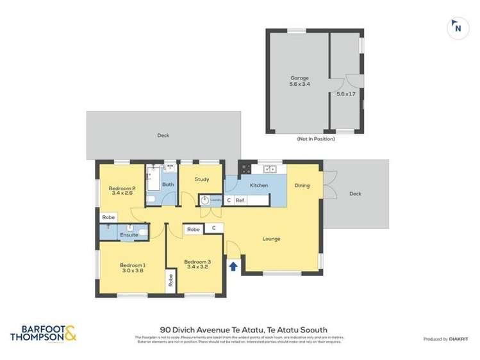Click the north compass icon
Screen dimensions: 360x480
(457, 27)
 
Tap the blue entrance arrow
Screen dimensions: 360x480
(233, 265)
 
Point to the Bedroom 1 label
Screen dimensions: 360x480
(133, 268)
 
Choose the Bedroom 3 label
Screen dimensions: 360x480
(197, 263)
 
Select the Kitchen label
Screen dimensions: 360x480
(259, 186)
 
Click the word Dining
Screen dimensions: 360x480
(302, 186)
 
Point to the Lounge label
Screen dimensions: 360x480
(271, 239)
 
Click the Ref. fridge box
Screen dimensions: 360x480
(240, 200)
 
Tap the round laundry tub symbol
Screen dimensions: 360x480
(204, 200)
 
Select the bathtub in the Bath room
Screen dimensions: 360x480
(154, 178)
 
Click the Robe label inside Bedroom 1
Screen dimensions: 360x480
(171, 280)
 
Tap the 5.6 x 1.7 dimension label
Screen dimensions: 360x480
(346, 94)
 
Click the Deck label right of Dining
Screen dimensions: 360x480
(355, 193)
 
